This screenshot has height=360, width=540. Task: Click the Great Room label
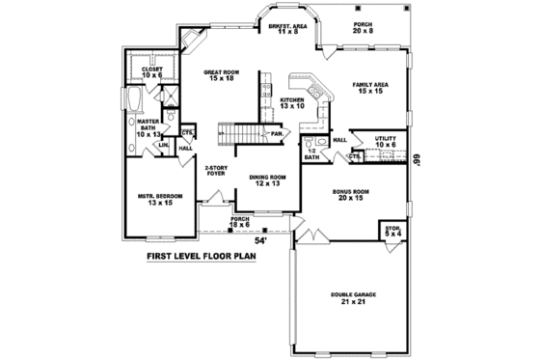pos(220,75)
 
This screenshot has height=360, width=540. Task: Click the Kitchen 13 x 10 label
pos(293,103)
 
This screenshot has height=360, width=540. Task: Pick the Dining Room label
pos(265,180)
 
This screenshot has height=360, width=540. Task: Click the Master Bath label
pos(147,126)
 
